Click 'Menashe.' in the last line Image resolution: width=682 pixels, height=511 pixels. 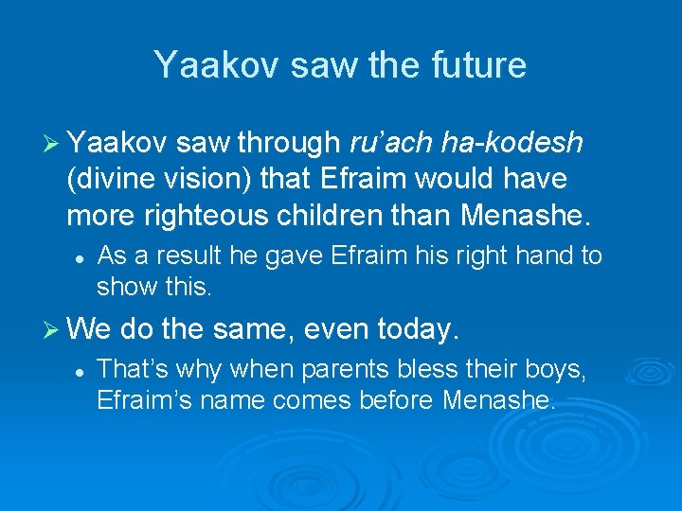point(498,399)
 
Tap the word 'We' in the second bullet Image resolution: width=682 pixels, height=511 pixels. point(90,330)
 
